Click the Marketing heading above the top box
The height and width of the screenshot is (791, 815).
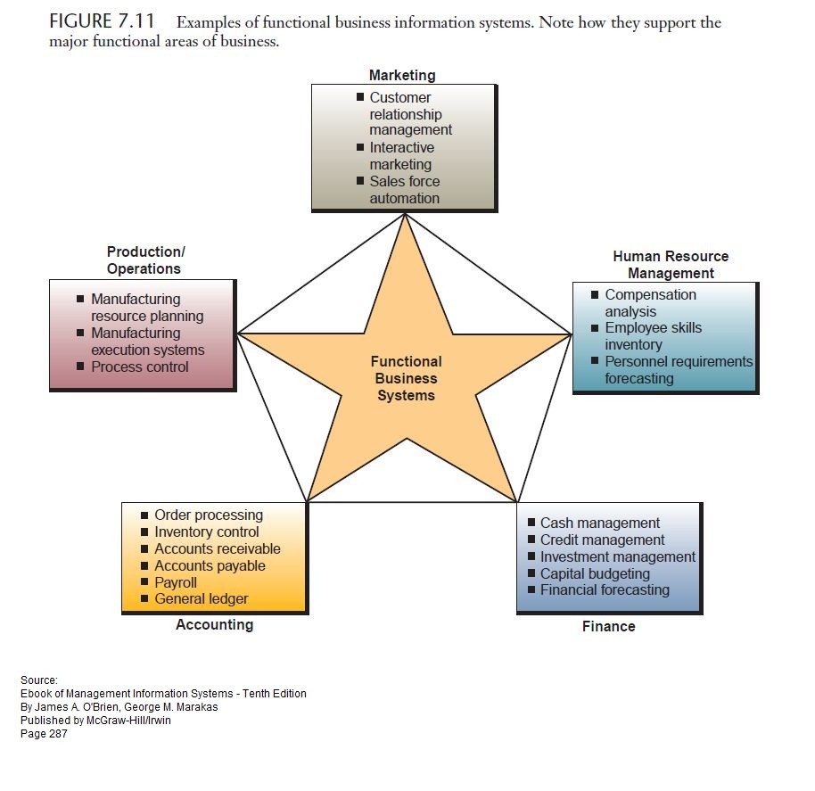402,76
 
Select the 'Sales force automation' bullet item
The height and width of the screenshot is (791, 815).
404,189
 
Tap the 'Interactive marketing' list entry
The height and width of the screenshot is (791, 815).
401,156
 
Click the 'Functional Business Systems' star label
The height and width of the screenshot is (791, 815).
406,378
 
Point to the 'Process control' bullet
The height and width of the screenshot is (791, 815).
139,367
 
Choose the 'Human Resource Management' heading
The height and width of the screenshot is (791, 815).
671,265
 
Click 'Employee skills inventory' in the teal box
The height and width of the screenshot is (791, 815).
653,336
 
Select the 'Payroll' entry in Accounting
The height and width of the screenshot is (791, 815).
176,582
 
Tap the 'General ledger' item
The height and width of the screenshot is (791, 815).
201,599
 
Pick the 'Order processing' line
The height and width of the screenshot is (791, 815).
209,515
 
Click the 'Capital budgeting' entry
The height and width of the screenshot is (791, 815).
595,573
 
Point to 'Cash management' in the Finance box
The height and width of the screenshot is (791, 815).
599,523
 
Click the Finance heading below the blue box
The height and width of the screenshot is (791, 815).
608,626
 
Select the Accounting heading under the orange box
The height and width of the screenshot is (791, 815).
214,624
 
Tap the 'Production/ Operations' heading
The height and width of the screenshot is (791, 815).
145,260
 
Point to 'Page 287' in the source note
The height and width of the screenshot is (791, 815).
44,734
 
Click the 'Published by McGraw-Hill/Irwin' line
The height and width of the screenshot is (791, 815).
95,721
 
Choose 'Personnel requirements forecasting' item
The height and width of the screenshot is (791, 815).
678,370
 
